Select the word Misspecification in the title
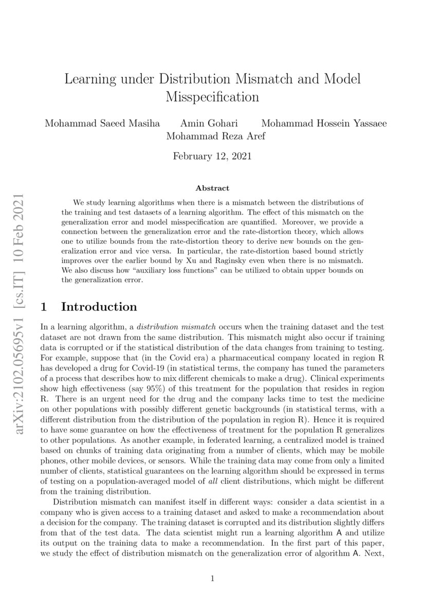click(212, 96)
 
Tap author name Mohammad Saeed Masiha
click(102, 124)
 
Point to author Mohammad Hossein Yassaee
click(324, 124)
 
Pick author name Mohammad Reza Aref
click(212, 137)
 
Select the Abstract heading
click(212, 188)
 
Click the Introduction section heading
click(99, 307)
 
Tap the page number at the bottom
click(212, 579)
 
